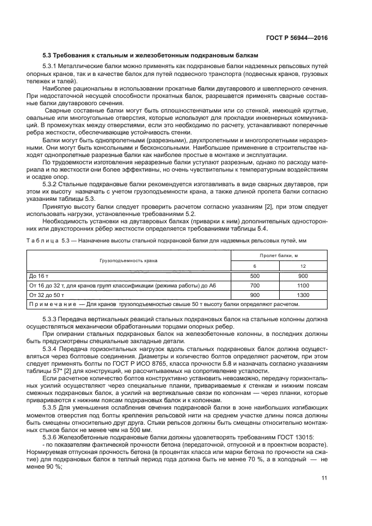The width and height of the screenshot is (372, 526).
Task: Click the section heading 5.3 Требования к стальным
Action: (x=151, y=56)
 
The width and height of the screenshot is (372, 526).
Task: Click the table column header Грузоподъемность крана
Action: (x=129, y=260)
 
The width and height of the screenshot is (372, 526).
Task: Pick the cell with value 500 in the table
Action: (x=255, y=276)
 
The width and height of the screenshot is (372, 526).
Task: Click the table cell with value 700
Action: (x=255, y=286)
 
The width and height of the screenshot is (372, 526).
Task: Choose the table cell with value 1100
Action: (x=303, y=286)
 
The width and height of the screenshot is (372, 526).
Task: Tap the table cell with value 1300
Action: (x=303, y=295)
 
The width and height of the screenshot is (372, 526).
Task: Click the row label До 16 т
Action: (x=40, y=276)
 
